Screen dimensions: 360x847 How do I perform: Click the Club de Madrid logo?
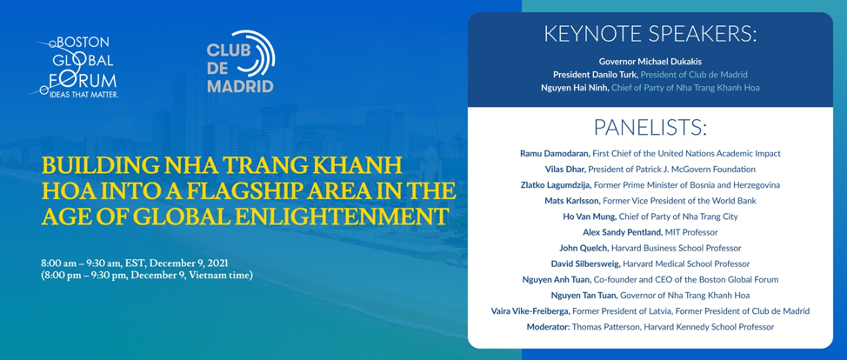(240, 62)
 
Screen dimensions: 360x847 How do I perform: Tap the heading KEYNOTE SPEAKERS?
(650, 35)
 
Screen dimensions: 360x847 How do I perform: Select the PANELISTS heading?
(650, 128)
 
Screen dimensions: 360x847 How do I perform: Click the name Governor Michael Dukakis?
(650, 62)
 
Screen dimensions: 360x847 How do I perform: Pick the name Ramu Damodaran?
(554, 154)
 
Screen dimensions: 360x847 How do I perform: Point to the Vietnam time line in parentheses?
(147, 276)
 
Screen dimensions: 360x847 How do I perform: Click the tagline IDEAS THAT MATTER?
(83, 93)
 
